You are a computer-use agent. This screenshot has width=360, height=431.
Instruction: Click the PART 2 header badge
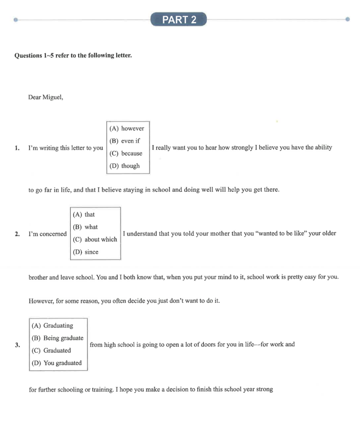[179, 19]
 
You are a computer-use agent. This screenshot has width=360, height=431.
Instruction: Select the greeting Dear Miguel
[46, 97]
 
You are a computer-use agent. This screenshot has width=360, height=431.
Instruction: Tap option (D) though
[125, 166]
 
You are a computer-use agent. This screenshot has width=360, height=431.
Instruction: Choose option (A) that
[84, 215]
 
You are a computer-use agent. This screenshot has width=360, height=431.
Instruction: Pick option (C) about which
[95, 239]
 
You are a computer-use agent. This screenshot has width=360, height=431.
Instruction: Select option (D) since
[85, 252]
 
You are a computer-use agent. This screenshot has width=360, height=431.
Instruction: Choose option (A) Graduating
[52, 326]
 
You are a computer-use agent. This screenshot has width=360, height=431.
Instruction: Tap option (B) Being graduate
[57, 338]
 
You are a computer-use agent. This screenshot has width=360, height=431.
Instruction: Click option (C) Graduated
[51, 350]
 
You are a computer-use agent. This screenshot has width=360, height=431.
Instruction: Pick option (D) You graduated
[56, 363]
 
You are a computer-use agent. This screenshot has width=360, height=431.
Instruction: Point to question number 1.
[17, 147]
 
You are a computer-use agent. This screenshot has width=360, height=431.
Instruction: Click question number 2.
[17, 234]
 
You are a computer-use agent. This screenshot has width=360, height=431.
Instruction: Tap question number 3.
[17, 345]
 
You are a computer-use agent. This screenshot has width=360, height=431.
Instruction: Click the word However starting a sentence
[40, 301]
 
